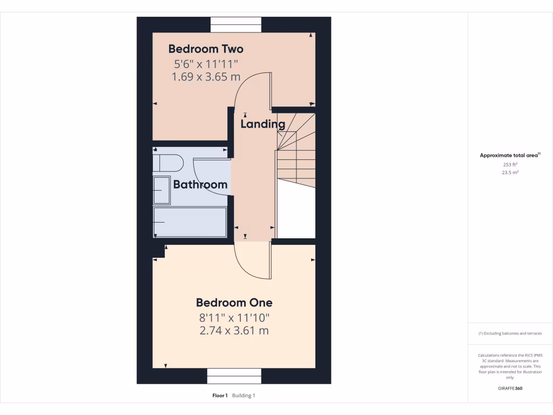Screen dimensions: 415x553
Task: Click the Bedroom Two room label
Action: pos(206,49)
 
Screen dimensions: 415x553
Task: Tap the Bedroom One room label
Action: pos(234,303)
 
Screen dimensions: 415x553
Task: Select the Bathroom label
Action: pos(200,185)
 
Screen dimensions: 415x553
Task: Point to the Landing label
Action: pos(262,124)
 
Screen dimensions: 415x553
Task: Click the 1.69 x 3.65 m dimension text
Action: pos(206,77)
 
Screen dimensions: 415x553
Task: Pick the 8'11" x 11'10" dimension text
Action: pos(234,318)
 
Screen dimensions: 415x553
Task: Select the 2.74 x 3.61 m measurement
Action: pos(234,331)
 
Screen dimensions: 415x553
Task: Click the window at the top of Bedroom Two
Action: pos(235,25)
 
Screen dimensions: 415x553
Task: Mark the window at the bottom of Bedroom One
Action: pos(234,376)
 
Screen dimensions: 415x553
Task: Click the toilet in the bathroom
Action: pos(168,163)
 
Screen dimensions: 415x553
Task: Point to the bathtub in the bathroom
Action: pos(190,222)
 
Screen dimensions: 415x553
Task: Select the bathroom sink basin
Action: pos(162,190)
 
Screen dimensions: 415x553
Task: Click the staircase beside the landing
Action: pos(295,149)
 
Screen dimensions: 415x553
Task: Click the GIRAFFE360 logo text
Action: pos(510,389)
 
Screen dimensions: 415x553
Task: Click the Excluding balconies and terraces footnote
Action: pos(510,333)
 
